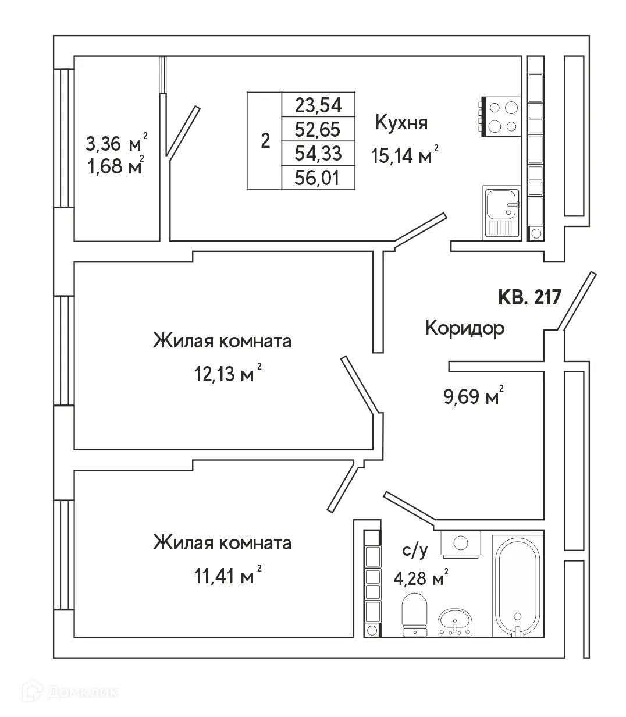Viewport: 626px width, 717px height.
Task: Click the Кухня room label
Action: click(x=401, y=123)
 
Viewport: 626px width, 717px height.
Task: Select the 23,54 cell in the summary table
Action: click(x=318, y=105)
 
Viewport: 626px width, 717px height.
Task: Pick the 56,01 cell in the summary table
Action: click(x=318, y=178)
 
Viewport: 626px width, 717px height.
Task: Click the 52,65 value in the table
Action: click(x=318, y=129)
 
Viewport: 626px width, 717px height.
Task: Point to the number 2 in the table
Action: click(x=265, y=141)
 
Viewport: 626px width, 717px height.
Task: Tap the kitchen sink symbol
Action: click(x=501, y=212)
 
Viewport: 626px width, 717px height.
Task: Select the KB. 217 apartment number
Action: click(x=529, y=297)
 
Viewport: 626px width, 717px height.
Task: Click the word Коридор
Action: click(x=465, y=328)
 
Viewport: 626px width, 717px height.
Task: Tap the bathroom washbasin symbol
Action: click(x=455, y=623)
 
